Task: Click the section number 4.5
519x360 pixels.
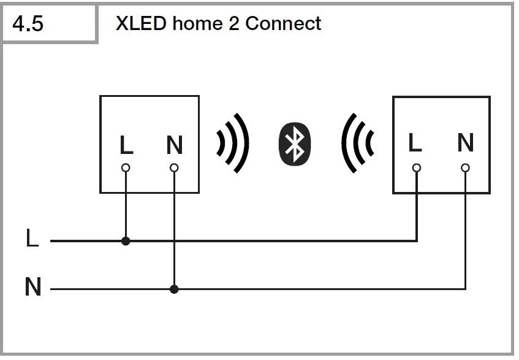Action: pyautogui.click(x=28, y=25)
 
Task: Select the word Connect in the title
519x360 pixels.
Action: pyautogui.click(x=283, y=23)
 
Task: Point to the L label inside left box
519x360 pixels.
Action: pyautogui.click(x=126, y=145)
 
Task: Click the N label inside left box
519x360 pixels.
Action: pyautogui.click(x=175, y=145)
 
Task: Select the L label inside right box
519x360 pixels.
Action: pyautogui.click(x=415, y=143)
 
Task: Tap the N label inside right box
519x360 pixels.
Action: pyautogui.click(x=466, y=143)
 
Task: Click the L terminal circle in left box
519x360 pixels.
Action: pyautogui.click(x=126, y=167)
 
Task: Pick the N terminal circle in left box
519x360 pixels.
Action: pyautogui.click(x=175, y=167)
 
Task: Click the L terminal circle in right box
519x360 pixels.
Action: pyautogui.click(x=417, y=167)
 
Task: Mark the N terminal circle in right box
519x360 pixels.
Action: pyautogui.click(x=466, y=167)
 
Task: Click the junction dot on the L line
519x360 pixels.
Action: pyautogui.click(x=126, y=241)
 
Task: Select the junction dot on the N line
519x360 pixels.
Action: pyautogui.click(x=175, y=289)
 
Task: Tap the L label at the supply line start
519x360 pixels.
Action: pyautogui.click(x=32, y=239)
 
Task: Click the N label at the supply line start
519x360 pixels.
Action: pyautogui.click(x=33, y=286)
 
